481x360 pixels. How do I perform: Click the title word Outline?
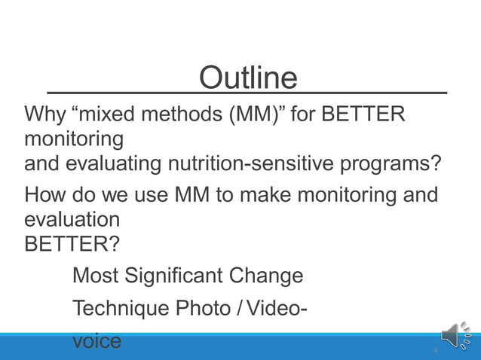click(x=248, y=78)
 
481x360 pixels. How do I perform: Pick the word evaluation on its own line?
click(x=72, y=220)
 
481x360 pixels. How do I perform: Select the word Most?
click(x=95, y=276)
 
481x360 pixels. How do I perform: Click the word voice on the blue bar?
click(x=97, y=340)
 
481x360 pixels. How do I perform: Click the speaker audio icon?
click(x=455, y=336)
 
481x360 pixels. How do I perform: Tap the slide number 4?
click(x=435, y=351)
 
